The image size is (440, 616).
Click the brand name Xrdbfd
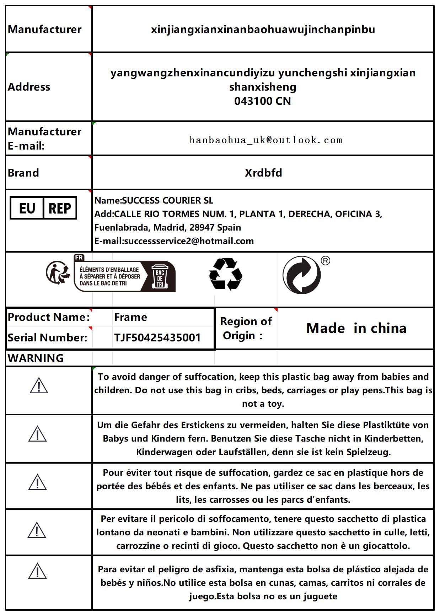pyautogui.click(x=263, y=173)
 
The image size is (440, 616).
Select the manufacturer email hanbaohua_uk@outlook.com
pyautogui.click(x=266, y=140)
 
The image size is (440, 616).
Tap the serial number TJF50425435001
pyautogui.click(x=157, y=337)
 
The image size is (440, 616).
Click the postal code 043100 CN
pyautogui.click(x=262, y=101)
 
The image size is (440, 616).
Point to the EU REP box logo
pyautogui.click(x=43, y=208)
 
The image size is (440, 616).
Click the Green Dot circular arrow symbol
pyautogui.click(x=301, y=275)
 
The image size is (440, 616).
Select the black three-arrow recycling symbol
pyautogui.click(x=225, y=274)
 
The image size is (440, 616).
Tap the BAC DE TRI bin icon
pyautogui.click(x=160, y=276)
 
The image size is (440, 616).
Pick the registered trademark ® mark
pyautogui.click(x=325, y=261)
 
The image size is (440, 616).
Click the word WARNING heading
pyautogui.click(x=36, y=358)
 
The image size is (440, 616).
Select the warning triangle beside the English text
pyautogui.click(x=39, y=386)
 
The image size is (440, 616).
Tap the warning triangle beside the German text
pyautogui.click(x=37, y=434)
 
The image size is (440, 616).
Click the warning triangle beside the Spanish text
pyautogui.click(x=37, y=571)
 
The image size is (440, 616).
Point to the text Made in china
pyautogui.click(x=356, y=328)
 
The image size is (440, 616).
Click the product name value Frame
pyautogui.click(x=130, y=317)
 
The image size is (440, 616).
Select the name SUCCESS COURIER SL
pyautogui.click(x=167, y=201)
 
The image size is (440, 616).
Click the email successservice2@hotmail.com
pyautogui.click(x=189, y=241)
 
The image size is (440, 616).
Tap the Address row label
pyautogui.click(x=29, y=87)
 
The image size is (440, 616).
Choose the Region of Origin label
pyautogui.click(x=246, y=328)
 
